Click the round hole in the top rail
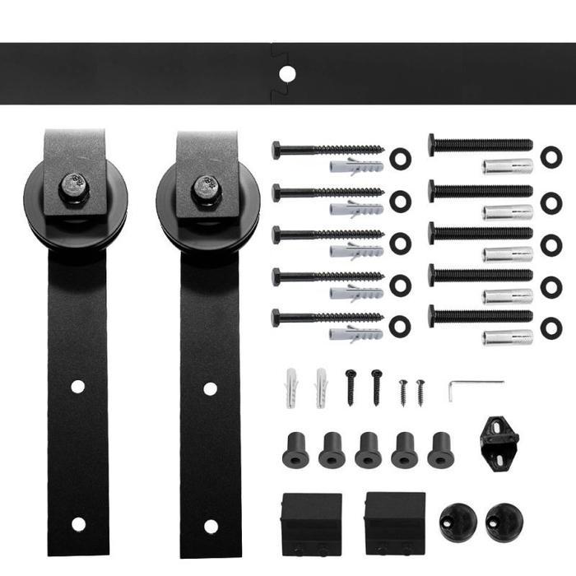click(x=286, y=74)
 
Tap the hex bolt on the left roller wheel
click(x=75, y=188)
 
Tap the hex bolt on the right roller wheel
click(x=207, y=188)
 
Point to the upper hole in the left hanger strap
click(x=77, y=386)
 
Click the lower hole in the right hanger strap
click(x=211, y=526)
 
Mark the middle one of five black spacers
click(x=368, y=449)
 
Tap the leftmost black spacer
click(x=295, y=449)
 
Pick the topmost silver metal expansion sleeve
click(x=507, y=166)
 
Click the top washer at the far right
click(x=550, y=156)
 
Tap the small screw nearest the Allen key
click(x=420, y=391)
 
